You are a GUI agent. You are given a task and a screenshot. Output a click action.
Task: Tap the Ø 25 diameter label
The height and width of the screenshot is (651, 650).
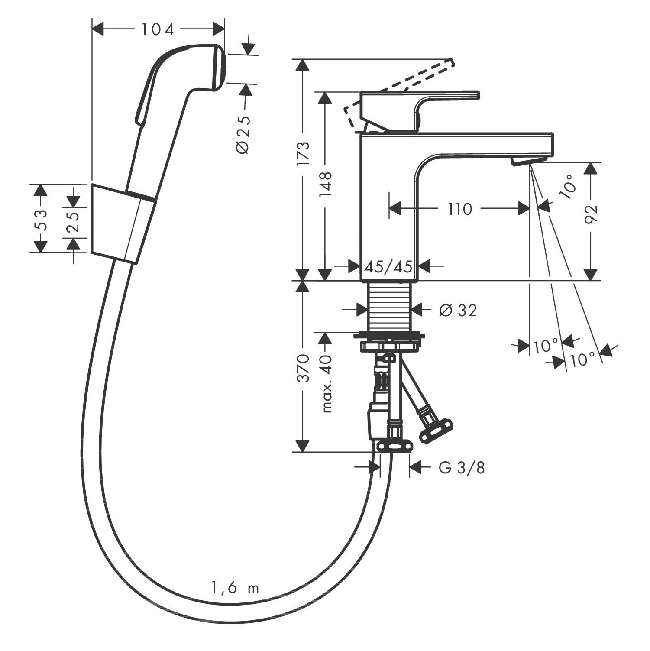[x=243, y=134]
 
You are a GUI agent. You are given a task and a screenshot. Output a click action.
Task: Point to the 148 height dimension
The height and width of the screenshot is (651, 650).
[x=325, y=184]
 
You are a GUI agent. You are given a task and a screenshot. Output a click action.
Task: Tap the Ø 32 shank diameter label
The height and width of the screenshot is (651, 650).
[x=458, y=310]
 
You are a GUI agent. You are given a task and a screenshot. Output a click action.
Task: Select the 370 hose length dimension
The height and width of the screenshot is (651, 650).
[x=304, y=368]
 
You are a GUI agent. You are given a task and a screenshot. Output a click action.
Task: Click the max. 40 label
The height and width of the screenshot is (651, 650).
[x=327, y=383]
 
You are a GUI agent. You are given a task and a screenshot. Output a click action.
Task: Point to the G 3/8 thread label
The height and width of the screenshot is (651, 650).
[x=462, y=467]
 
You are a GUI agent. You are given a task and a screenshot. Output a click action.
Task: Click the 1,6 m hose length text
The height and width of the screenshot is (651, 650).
[x=235, y=588]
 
